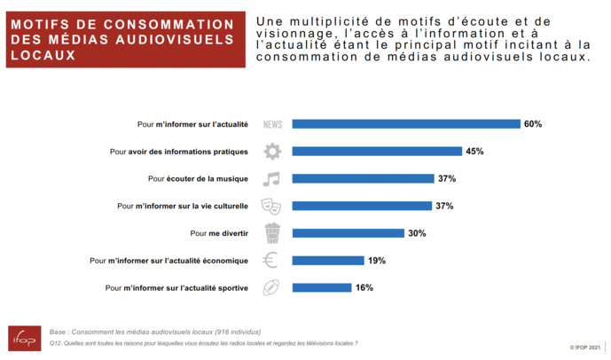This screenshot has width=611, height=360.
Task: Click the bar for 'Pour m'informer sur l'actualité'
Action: [406, 124]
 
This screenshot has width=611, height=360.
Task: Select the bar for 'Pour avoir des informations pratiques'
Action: [377, 152]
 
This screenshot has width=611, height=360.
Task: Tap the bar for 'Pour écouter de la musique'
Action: [363, 178]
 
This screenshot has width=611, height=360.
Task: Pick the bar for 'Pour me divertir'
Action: [350, 233]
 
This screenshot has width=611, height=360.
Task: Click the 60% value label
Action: [532, 124]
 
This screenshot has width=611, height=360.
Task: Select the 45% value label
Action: [474, 152]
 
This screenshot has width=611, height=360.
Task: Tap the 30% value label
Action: [418, 233]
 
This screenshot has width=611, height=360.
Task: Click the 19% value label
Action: [377, 261]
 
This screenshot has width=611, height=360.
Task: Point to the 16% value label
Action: [364, 287]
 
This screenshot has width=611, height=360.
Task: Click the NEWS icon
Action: [272, 125]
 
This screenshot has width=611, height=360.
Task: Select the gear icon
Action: [272, 152]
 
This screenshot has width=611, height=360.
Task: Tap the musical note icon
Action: [271, 178]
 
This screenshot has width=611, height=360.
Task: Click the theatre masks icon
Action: [271, 206]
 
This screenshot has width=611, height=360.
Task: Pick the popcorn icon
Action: [272, 233]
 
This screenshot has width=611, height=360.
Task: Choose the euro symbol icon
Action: [271, 261]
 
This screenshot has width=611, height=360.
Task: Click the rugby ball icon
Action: [271, 287]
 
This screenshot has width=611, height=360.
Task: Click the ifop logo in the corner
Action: [24, 339]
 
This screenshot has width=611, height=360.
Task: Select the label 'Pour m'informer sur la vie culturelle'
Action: [182, 207]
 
